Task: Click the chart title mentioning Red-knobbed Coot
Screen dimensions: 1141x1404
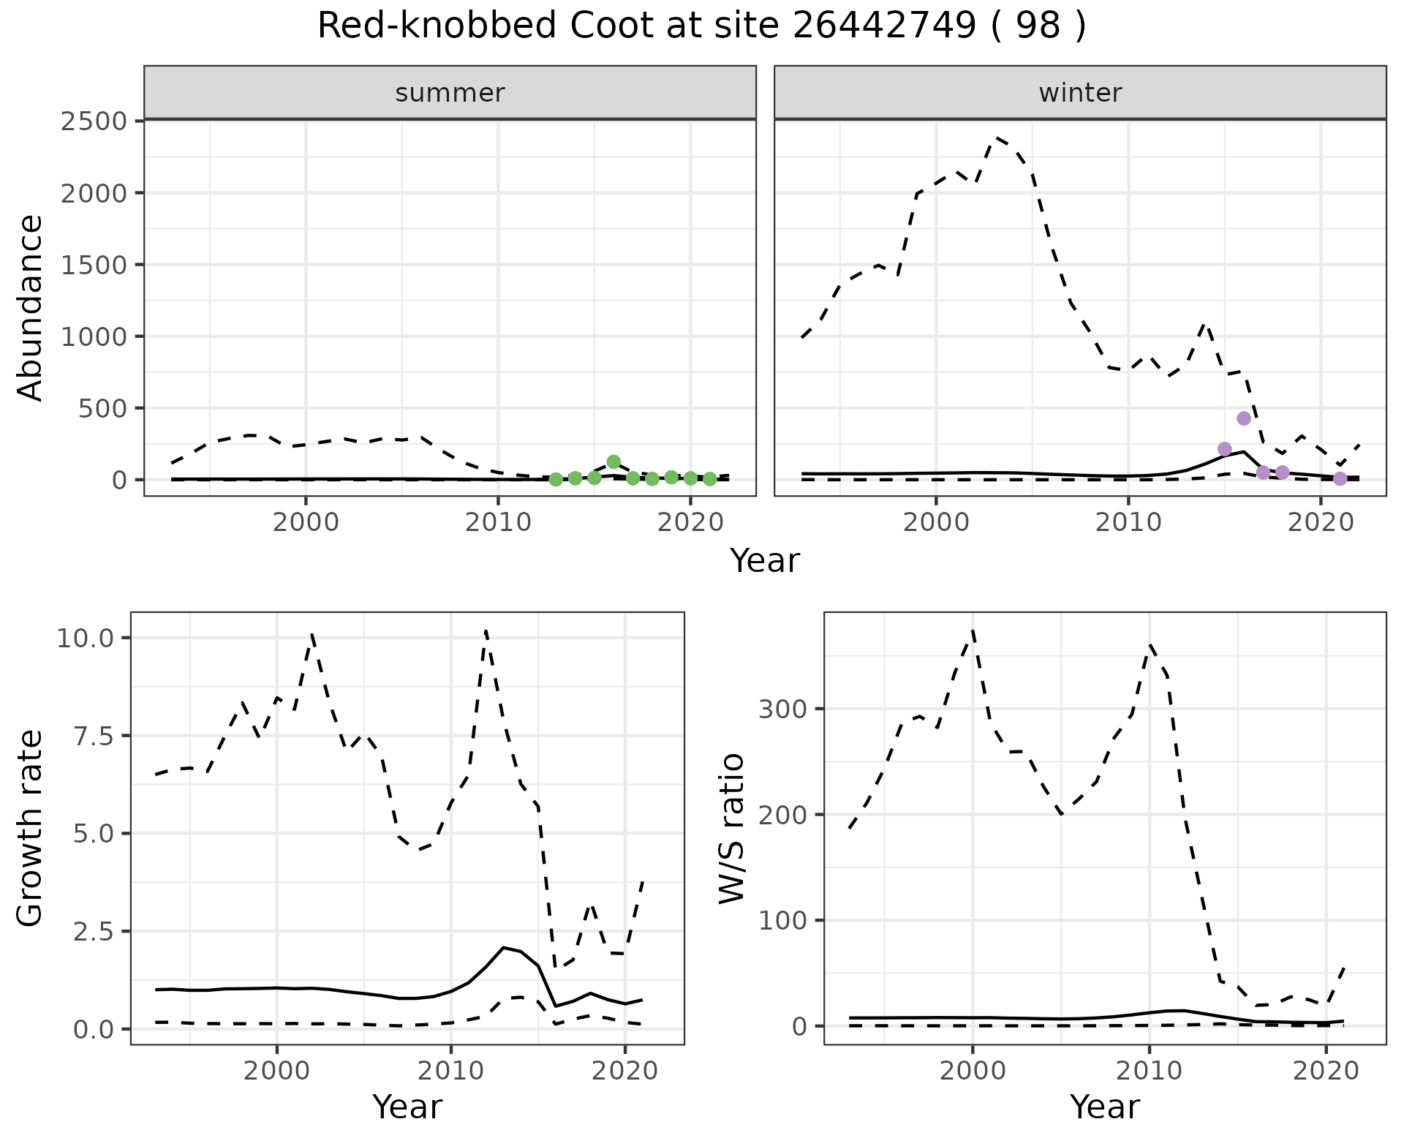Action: point(701,27)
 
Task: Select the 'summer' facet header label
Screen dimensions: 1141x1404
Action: point(450,93)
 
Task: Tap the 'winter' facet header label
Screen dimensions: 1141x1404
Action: point(1080,93)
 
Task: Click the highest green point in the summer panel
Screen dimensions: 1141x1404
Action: point(614,462)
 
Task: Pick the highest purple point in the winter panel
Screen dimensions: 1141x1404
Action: point(1244,418)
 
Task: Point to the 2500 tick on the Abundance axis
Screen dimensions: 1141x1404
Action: point(94,121)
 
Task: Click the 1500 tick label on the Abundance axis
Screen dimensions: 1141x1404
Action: point(94,264)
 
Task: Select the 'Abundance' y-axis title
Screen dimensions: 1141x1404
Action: point(31,307)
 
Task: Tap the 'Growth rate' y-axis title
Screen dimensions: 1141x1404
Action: point(31,828)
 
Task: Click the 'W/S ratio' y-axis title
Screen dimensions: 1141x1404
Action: point(731,828)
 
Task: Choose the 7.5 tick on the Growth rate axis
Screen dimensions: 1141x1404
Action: point(93,736)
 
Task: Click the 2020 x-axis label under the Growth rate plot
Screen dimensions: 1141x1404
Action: point(624,1071)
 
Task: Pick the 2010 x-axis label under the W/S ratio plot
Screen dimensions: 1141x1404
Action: point(1149,1071)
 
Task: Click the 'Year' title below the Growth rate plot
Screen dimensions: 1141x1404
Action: point(407,1107)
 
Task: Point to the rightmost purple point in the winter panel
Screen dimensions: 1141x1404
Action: point(1340,478)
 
